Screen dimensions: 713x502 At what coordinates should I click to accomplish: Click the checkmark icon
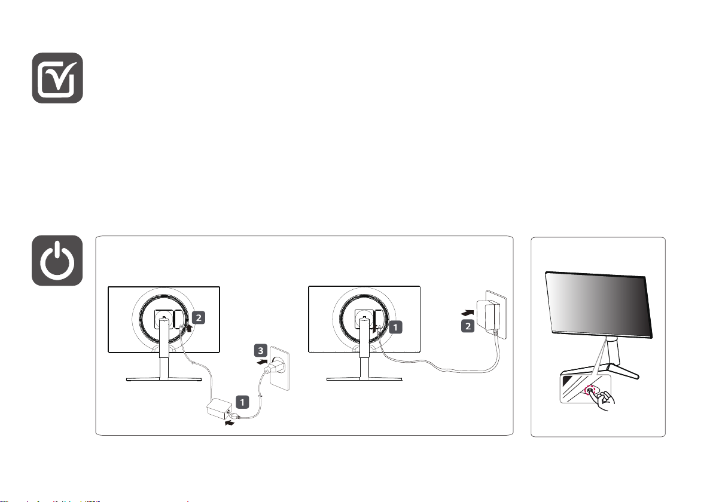pyautogui.click(x=57, y=78)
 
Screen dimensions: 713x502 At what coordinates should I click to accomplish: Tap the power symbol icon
pyautogui.click(x=57, y=261)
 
